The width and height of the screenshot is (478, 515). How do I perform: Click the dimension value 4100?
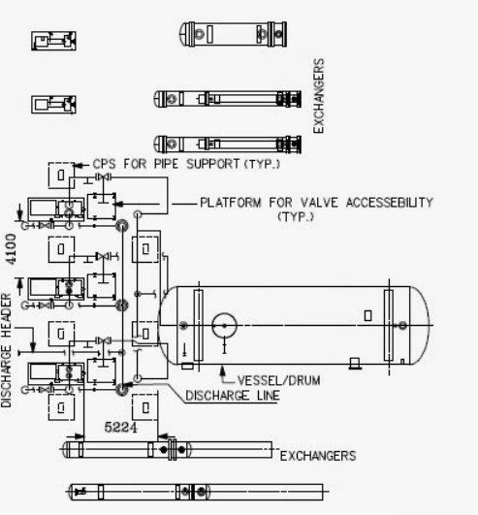point(11,249)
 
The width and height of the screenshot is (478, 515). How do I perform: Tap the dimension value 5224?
point(120,427)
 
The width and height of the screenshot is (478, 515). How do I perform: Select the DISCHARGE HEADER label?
point(6,350)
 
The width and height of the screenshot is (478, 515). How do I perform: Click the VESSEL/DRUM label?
point(278,380)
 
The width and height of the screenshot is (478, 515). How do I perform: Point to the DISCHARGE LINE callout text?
point(233,395)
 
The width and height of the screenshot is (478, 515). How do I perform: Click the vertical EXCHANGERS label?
point(318,96)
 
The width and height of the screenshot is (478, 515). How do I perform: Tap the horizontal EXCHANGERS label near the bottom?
point(318,456)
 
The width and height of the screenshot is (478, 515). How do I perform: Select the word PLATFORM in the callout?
point(231,203)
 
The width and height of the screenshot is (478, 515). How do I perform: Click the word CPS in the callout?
point(104,164)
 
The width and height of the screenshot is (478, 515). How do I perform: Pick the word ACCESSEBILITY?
point(390,203)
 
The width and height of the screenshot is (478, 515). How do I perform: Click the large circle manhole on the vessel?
point(224,326)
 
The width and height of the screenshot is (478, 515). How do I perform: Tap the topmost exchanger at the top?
point(233,34)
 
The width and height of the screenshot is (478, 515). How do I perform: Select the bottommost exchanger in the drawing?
point(198,492)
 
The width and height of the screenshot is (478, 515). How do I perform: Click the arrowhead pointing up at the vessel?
point(223,370)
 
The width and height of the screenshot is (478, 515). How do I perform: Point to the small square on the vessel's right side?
point(368,315)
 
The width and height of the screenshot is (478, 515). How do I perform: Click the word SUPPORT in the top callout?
point(213,164)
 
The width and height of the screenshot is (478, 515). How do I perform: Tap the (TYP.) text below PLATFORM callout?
point(296,217)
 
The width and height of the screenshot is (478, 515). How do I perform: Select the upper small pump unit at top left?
point(54,41)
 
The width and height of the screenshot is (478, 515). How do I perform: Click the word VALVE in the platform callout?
point(319,203)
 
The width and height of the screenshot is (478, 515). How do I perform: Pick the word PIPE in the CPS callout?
point(166,164)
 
